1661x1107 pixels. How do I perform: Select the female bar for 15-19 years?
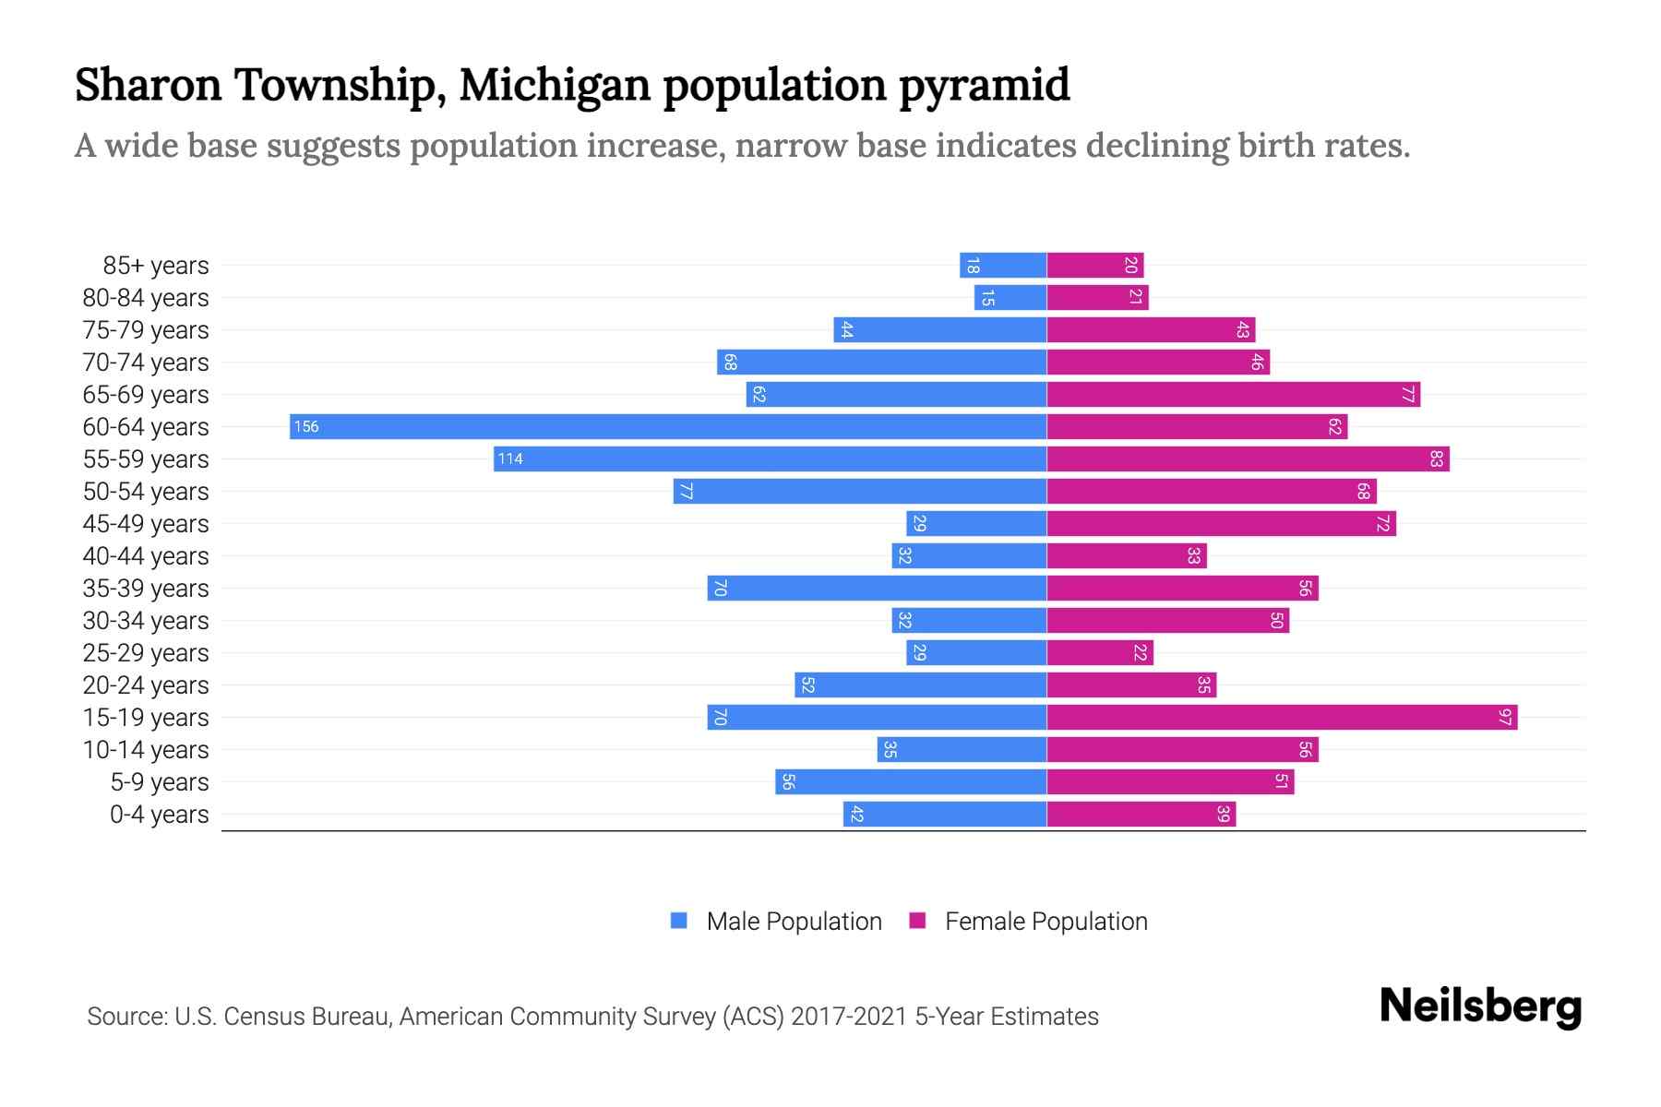[x=1282, y=717]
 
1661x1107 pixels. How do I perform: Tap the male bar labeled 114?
[x=770, y=458]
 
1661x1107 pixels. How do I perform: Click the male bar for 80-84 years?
[x=1010, y=297]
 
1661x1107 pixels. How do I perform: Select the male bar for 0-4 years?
[x=945, y=814]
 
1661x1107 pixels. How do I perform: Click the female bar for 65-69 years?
[x=1233, y=394]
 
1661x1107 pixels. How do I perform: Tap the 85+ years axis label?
[x=155, y=266]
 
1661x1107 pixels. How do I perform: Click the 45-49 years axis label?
[x=146, y=524]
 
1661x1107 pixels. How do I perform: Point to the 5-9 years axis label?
[x=159, y=782]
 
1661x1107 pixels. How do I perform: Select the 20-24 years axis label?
[x=146, y=685]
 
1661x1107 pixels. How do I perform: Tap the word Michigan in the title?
[x=556, y=85]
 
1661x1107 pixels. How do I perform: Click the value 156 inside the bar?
[x=306, y=426]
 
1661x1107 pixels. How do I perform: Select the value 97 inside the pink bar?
[x=1505, y=717]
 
